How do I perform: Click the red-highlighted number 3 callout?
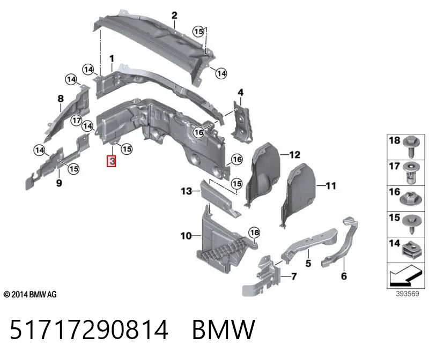(x=112, y=161)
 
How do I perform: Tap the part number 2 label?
(x=174, y=16)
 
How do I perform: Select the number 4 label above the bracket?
(x=240, y=92)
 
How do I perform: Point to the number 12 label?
(x=294, y=155)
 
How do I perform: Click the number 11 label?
(x=331, y=186)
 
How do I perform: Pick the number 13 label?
(x=186, y=191)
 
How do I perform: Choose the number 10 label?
(x=186, y=236)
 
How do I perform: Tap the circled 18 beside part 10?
(x=254, y=232)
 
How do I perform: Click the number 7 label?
(x=294, y=276)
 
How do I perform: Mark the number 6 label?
(x=344, y=276)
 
